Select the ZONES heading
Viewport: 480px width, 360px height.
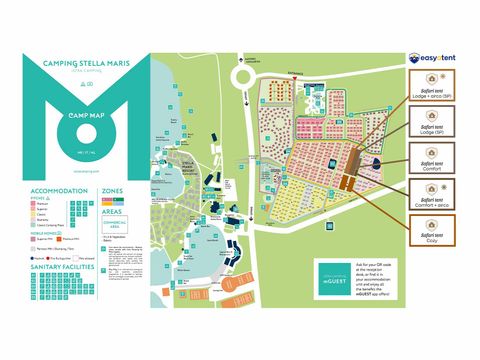113,189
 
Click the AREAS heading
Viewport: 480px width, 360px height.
113,212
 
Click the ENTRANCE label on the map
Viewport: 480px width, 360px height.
294,74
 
